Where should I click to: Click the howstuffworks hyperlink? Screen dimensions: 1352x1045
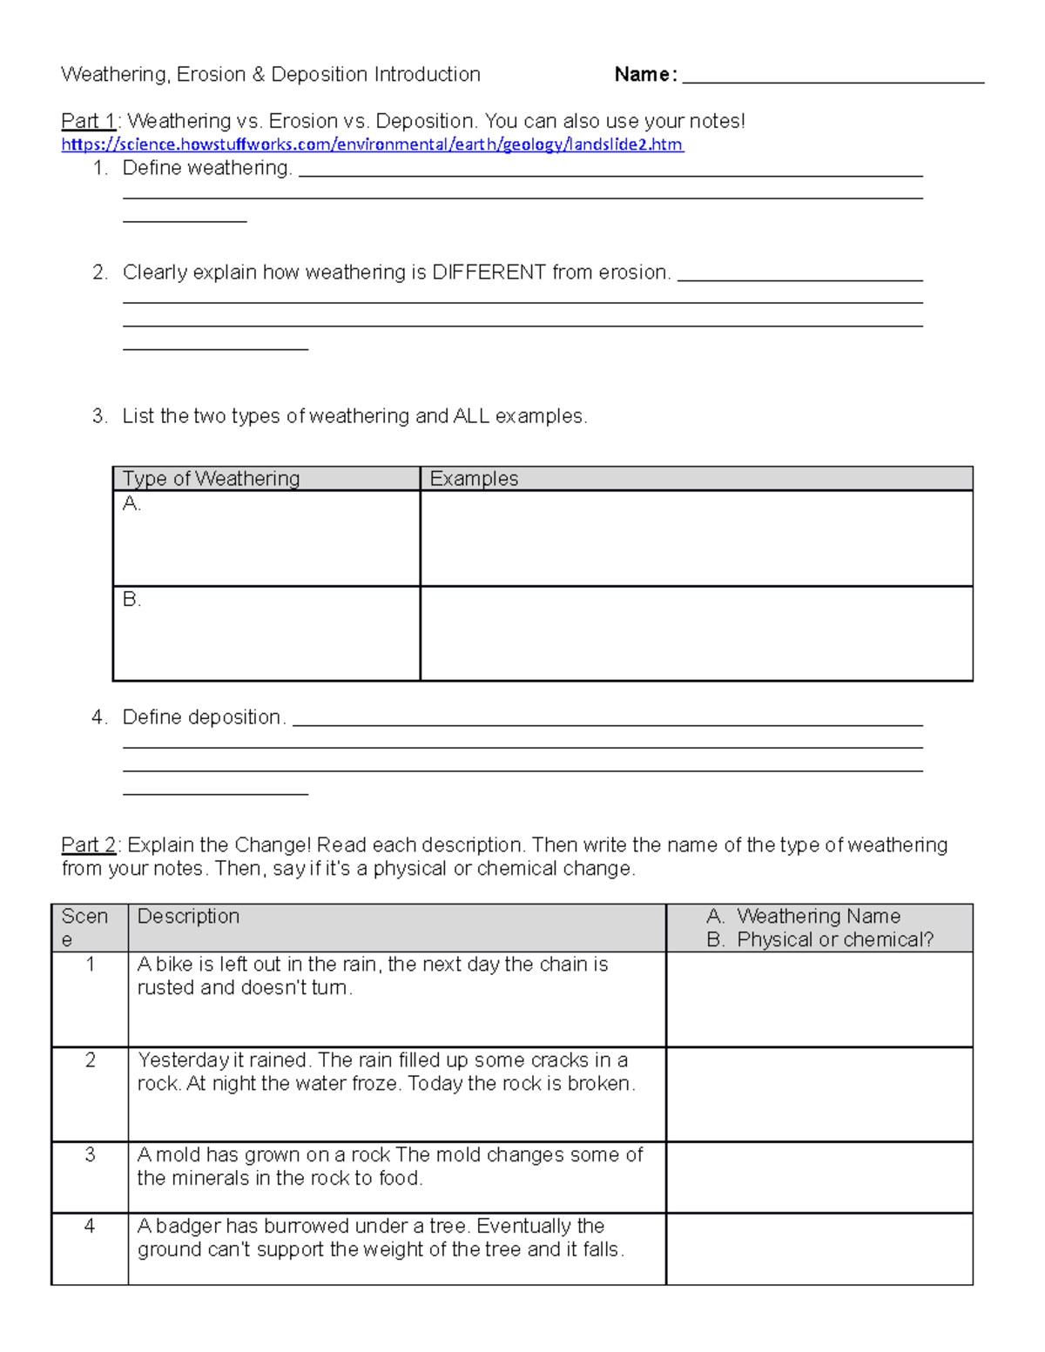(x=372, y=145)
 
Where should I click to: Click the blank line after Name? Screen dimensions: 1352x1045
(x=833, y=77)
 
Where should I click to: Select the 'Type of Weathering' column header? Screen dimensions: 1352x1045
(x=212, y=479)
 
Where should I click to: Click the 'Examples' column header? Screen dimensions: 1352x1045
(x=474, y=479)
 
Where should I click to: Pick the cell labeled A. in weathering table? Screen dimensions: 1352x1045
(x=266, y=538)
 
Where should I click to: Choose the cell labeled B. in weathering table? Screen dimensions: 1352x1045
(x=266, y=633)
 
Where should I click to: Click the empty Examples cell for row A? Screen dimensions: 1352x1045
(x=696, y=538)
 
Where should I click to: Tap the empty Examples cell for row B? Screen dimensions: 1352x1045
(x=696, y=633)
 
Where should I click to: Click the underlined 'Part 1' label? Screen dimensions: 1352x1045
(x=88, y=121)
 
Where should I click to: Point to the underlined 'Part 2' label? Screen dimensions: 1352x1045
(x=88, y=845)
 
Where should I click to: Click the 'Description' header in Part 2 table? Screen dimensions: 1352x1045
(x=188, y=917)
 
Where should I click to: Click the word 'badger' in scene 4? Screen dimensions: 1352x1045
(x=188, y=1227)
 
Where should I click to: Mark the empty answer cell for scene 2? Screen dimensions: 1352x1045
(x=819, y=1094)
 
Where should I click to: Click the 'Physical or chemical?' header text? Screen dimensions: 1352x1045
(x=834, y=940)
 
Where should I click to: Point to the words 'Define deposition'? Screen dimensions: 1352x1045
(x=202, y=717)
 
